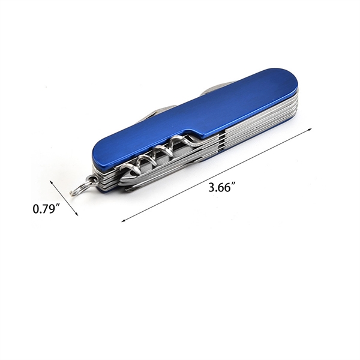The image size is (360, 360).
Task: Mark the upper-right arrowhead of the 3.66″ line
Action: [x=310, y=130]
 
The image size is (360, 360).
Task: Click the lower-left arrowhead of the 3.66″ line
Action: [x=124, y=221]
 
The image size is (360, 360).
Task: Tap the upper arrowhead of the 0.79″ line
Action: [x=52, y=182]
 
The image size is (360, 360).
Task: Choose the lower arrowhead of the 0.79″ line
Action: [x=77, y=214]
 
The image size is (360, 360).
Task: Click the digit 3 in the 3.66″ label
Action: [x=211, y=188]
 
